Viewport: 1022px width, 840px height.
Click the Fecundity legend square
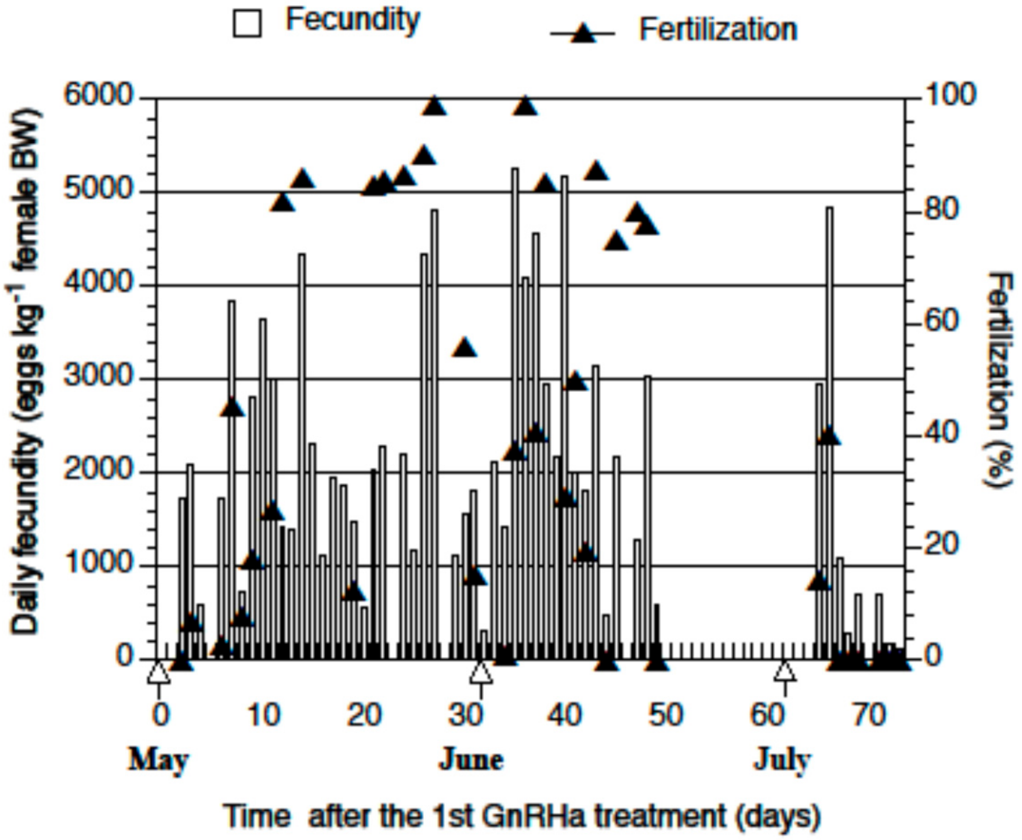247,23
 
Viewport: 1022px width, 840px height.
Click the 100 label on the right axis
951,95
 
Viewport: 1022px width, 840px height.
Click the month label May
158,760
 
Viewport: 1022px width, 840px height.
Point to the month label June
471,760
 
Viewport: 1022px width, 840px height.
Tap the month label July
782,760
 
